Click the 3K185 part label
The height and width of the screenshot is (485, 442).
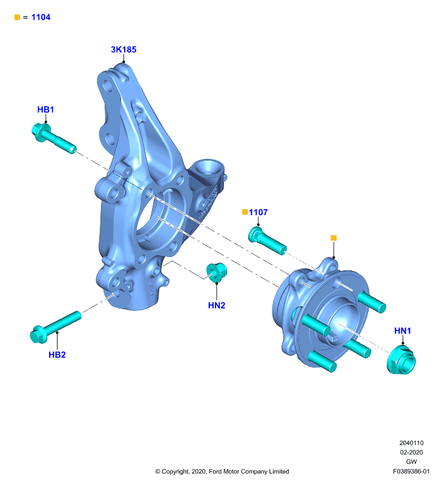click(124, 50)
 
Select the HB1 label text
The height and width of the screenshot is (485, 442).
click(45, 110)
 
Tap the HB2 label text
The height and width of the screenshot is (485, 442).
click(57, 355)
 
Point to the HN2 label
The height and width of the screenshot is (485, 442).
click(217, 306)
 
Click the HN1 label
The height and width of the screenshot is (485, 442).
click(403, 330)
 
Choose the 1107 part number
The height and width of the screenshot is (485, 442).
click(258, 212)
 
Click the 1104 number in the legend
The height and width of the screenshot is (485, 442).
click(41, 18)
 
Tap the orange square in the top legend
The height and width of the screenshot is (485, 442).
click(18, 18)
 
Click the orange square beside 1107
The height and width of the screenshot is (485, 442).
click(245, 212)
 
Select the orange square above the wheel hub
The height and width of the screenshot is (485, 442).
click(334, 238)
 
